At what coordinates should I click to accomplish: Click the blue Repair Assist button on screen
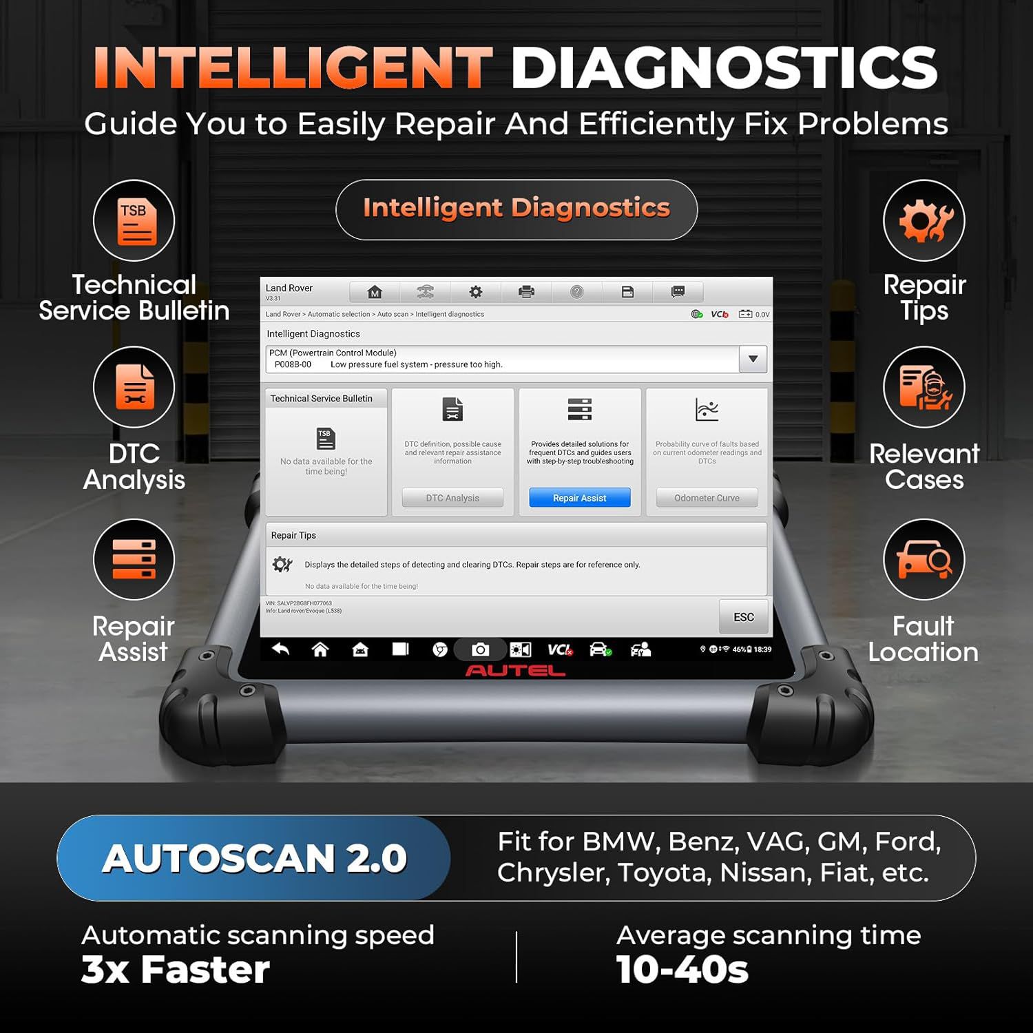click(x=579, y=498)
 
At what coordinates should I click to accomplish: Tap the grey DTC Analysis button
click(x=452, y=498)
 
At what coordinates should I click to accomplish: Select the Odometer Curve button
click(x=707, y=498)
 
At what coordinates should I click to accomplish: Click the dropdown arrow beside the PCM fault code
click(x=753, y=359)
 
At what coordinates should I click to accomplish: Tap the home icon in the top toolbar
click(x=375, y=292)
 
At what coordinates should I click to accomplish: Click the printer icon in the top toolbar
click(x=526, y=292)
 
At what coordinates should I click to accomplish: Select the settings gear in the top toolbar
click(x=475, y=292)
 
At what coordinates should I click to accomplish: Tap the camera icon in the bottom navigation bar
click(x=480, y=649)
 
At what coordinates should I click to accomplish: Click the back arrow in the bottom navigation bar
click(x=280, y=649)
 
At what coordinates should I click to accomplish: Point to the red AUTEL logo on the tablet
click(x=515, y=671)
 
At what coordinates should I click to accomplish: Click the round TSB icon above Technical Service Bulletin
click(x=134, y=221)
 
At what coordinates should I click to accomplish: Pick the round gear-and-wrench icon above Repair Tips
click(x=924, y=221)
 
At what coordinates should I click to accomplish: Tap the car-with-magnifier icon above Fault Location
click(x=924, y=559)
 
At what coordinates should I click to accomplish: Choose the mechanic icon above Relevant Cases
click(x=924, y=387)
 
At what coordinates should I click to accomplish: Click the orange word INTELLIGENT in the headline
click(x=293, y=67)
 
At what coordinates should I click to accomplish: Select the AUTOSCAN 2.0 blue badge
click(x=254, y=858)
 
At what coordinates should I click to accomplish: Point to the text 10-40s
click(x=682, y=970)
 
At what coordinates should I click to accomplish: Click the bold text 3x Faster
click(x=176, y=970)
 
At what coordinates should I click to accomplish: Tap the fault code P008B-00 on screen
click(x=293, y=364)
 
